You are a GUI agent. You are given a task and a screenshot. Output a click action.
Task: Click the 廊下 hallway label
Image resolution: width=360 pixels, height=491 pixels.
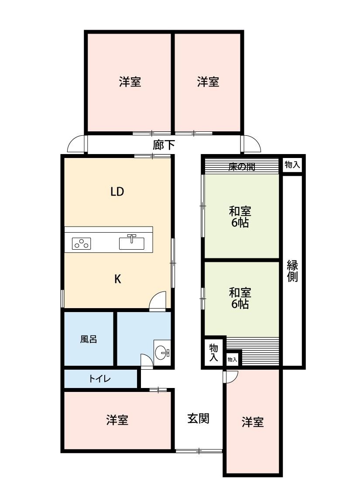tap(163, 144)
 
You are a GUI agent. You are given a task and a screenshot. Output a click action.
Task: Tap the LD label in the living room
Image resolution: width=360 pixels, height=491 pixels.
tap(117, 191)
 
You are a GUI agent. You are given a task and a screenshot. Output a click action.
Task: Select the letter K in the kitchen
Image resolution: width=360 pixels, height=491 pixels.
tap(118, 279)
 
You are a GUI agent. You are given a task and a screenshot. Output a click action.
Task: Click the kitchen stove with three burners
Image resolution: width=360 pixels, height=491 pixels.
tap(82, 243)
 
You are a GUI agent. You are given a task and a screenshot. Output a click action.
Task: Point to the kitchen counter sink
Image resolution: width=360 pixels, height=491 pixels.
tap(132, 242)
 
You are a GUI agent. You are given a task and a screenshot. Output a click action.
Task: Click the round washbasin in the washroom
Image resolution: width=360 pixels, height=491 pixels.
tap(162, 353)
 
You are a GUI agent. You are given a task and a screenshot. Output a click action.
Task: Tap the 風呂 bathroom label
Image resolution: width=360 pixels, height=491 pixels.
tap(89, 339)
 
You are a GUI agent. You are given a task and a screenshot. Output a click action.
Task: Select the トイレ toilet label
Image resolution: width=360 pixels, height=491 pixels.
tap(100, 379)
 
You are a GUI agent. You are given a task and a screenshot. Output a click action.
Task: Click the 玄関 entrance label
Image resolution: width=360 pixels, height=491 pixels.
tap(198, 419)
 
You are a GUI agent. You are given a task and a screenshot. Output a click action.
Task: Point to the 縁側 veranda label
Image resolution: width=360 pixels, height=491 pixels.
tap(292, 271)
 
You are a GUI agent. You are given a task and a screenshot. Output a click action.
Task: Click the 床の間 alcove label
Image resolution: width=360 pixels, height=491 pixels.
tap(242, 167)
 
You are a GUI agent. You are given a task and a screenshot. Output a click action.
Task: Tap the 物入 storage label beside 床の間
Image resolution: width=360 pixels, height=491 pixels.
tap(292, 165)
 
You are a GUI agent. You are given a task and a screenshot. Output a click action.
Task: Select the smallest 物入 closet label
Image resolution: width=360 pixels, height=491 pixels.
tap(232, 360)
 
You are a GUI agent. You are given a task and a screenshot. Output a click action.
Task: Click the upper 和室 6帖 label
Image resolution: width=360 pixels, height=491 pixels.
tap(240, 216)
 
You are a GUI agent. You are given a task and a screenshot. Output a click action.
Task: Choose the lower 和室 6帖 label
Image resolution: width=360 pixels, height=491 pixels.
tap(240, 298)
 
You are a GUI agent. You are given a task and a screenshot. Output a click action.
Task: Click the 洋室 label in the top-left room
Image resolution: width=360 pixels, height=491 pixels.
tap(130, 82)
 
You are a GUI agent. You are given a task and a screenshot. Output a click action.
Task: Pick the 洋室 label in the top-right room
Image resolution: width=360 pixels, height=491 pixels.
tap(208, 82)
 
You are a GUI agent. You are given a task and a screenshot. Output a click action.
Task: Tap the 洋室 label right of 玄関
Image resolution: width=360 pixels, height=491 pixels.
tap(253, 422)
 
